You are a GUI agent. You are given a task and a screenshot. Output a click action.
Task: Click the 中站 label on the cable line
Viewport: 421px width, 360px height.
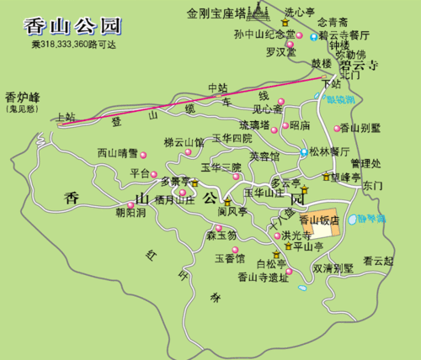click(217, 87)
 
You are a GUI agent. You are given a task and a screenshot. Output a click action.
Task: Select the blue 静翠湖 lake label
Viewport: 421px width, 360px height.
click(371, 218)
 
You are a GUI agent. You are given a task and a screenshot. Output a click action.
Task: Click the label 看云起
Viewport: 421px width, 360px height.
click(378, 261)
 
